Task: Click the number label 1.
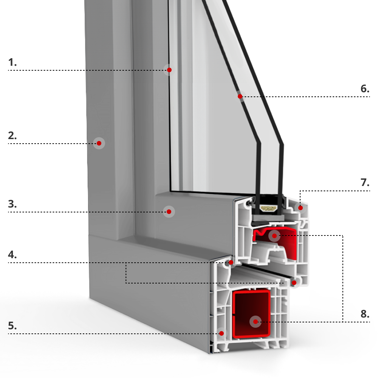click(x=12, y=62)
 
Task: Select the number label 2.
click(x=12, y=136)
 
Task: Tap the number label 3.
click(x=12, y=204)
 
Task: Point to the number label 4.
click(x=12, y=254)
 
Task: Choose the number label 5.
click(x=12, y=325)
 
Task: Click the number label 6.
click(x=365, y=89)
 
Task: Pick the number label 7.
click(x=365, y=183)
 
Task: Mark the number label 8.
click(x=365, y=314)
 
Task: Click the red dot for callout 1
click(x=169, y=70)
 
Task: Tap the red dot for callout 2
click(x=99, y=143)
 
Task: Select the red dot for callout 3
click(x=169, y=212)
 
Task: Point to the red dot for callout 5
click(x=222, y=333)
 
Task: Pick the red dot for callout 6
click(x=240, y=97)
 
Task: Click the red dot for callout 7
click(x=301, y=208)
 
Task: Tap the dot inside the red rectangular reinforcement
click(x=256, y=322)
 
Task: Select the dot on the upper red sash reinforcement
click(x=274, y=236)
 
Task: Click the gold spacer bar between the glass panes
click(x=269, y=208)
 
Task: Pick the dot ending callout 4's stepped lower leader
click(x=294, y=282)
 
